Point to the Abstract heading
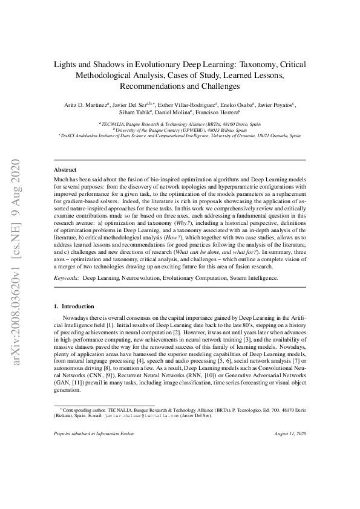[65, 170]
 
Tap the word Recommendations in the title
[149, 86]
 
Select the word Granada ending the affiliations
[283, 136]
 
